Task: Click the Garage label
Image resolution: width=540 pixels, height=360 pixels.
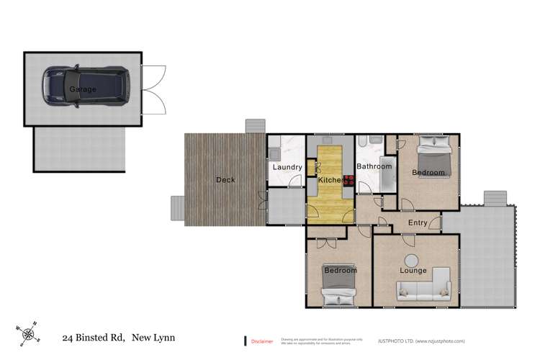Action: point(83,89)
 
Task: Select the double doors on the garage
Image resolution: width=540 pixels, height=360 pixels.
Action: point(154,89)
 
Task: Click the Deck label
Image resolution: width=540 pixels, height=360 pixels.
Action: point(225,180)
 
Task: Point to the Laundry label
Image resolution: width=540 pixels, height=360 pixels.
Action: point(287,168)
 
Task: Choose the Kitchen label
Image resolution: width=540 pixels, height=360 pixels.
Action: point(330,179)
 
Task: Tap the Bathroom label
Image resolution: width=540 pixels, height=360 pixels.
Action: point(374,167)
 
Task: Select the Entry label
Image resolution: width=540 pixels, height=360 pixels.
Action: point(418,223)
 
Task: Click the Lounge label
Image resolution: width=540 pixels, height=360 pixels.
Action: point(413,271)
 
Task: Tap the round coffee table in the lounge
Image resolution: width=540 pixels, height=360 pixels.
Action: point(411,260)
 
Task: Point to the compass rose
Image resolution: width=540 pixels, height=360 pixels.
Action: point(28,333)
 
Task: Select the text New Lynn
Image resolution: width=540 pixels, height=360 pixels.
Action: point(153,337)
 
